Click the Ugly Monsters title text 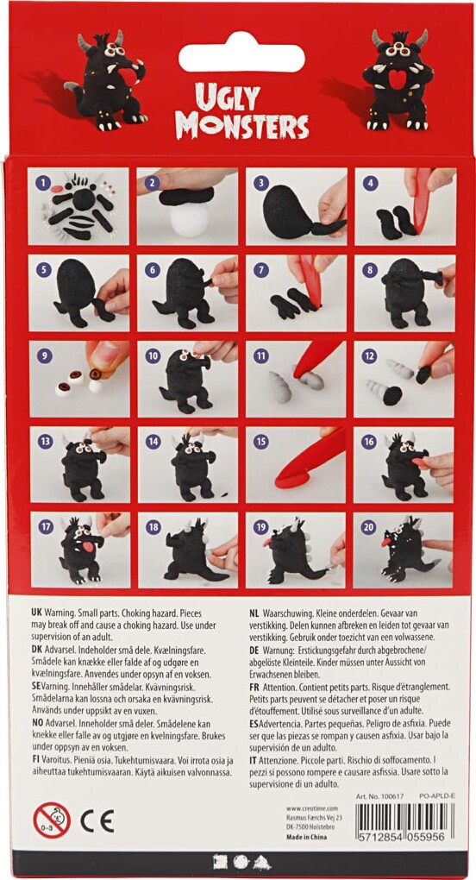point(241,112)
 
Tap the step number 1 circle point(40,182)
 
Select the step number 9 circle point(40,355)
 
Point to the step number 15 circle point(256,441)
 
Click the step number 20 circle point(365,526)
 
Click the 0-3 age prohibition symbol point(51,820)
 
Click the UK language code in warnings point(38,609)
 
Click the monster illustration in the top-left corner point(108,82)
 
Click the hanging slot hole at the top point(241,57)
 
